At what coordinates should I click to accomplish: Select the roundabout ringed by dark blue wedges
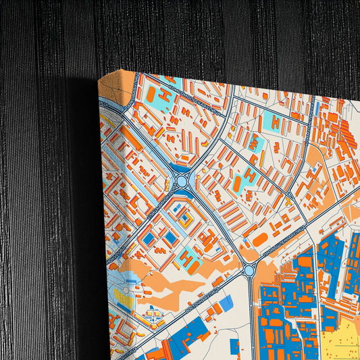click(x=182, y=181)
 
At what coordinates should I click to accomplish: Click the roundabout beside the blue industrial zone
click(x=249, y=271)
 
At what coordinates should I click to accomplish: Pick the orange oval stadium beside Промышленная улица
click(x=259, y=239)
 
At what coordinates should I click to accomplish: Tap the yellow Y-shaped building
click(x=288, y=201)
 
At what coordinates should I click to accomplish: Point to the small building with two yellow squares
click(x=182, y=217)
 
